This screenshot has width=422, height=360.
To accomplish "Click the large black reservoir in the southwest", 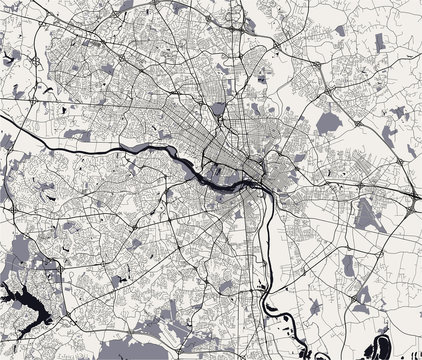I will click(x=22, y=299).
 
